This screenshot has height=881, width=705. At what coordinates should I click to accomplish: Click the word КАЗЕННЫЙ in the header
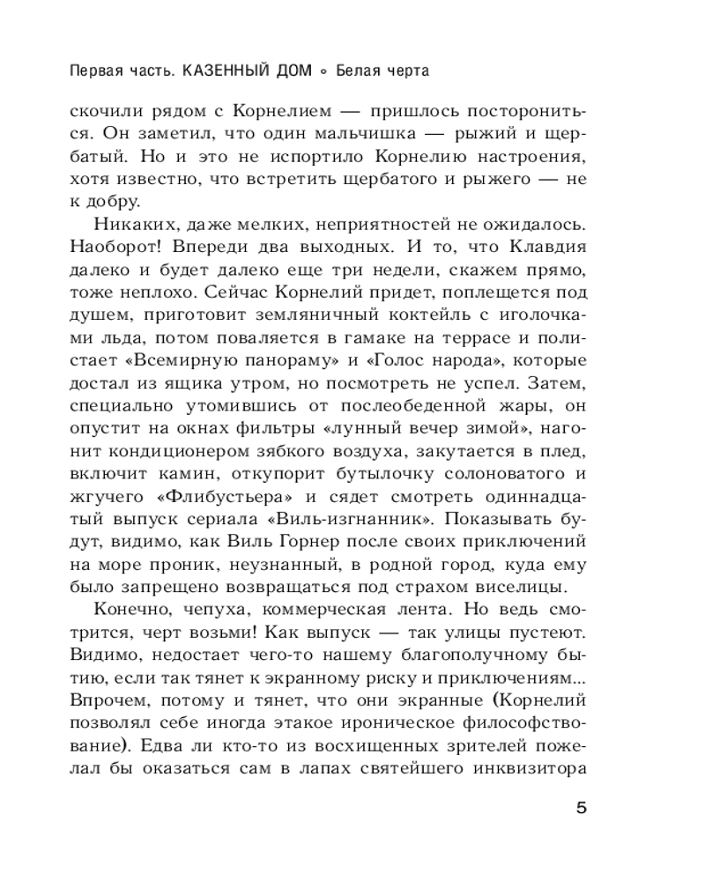click(x=226, y=70)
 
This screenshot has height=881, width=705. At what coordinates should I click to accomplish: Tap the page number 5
click(x=580, y=809)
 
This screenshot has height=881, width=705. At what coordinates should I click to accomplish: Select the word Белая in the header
click(x=358, y=70)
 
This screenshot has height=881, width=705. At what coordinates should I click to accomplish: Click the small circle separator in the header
click(x=324, y=70)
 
